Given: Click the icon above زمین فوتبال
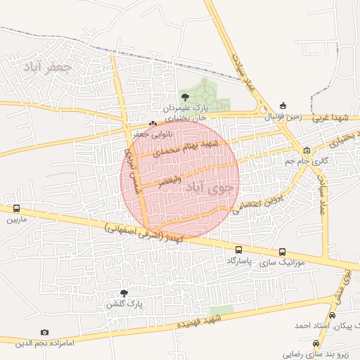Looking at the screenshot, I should coord(283,105).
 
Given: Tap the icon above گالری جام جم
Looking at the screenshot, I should coord(307,150).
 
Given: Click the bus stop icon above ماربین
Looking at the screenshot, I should coord(15,209).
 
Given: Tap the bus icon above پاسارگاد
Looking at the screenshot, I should coord(239,250).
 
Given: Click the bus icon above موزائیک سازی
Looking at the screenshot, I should coord(282,252).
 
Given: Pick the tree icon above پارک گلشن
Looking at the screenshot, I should coord(124,293).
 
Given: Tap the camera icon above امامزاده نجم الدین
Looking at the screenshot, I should coord(45,332).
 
